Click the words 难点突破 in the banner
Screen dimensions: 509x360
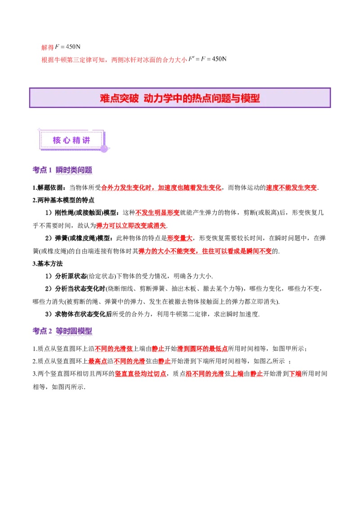coord(119,98)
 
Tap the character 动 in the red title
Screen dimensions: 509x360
coord(148,98)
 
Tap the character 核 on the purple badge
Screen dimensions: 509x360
coord(57,140)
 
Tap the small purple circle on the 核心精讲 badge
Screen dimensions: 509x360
coord(104,148)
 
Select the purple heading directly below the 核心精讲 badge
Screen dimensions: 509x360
coord(63,171)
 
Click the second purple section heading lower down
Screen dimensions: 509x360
coord(63,331)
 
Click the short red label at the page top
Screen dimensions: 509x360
coord(47,47)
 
